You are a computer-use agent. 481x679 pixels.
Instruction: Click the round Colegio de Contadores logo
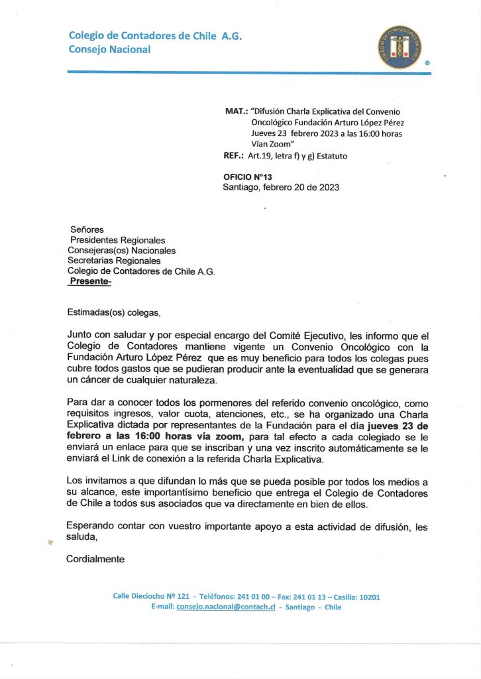(400, 48)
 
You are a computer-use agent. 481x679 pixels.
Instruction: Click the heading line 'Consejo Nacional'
(109, 49)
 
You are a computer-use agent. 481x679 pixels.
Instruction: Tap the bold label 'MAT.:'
(236, 111)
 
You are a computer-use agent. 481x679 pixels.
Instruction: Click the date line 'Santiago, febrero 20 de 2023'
(281, 187)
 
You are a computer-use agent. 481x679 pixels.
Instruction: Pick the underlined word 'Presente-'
(91, 281)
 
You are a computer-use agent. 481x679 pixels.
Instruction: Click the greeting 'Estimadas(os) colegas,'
(114, 312)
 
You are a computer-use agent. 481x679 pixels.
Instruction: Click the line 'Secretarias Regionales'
(114, 261)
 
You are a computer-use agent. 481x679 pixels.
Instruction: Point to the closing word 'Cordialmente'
(95, 559)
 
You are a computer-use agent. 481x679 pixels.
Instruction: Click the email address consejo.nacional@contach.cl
(226, 607)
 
